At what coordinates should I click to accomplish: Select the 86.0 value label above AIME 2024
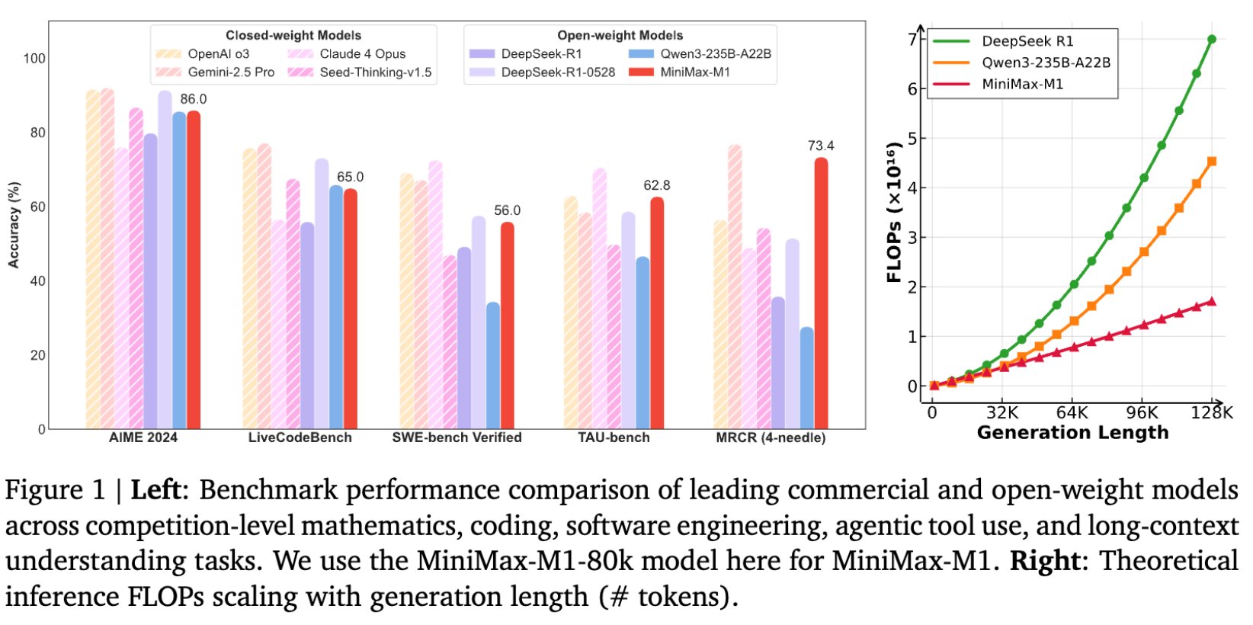tap(193, 99)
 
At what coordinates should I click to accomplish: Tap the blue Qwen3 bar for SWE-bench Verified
tap(493, 366)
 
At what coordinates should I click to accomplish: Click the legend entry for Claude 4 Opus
tap(362, 54)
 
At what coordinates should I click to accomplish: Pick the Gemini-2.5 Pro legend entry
tap(230, 72)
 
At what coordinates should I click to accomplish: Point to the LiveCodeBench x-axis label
tap(300, 437)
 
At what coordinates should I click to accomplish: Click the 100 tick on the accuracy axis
tap(34, 59)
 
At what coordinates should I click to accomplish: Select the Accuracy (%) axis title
tap(14, 225)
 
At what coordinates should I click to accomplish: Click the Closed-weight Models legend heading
tap(293, 35)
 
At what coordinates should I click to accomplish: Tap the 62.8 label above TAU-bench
tap(656, 185)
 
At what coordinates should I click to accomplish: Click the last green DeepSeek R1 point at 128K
tap(1211, 39)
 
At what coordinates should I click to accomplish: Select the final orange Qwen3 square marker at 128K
tap(1211, 162)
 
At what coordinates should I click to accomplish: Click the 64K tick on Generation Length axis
tap(1072, 413)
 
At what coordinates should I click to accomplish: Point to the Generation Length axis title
tap(1072, 433)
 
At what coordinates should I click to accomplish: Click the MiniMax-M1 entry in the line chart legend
tap(1021, 84)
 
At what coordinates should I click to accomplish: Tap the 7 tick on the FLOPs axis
tap(912, 39)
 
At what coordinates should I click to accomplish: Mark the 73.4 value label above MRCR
tap(820, 146)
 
